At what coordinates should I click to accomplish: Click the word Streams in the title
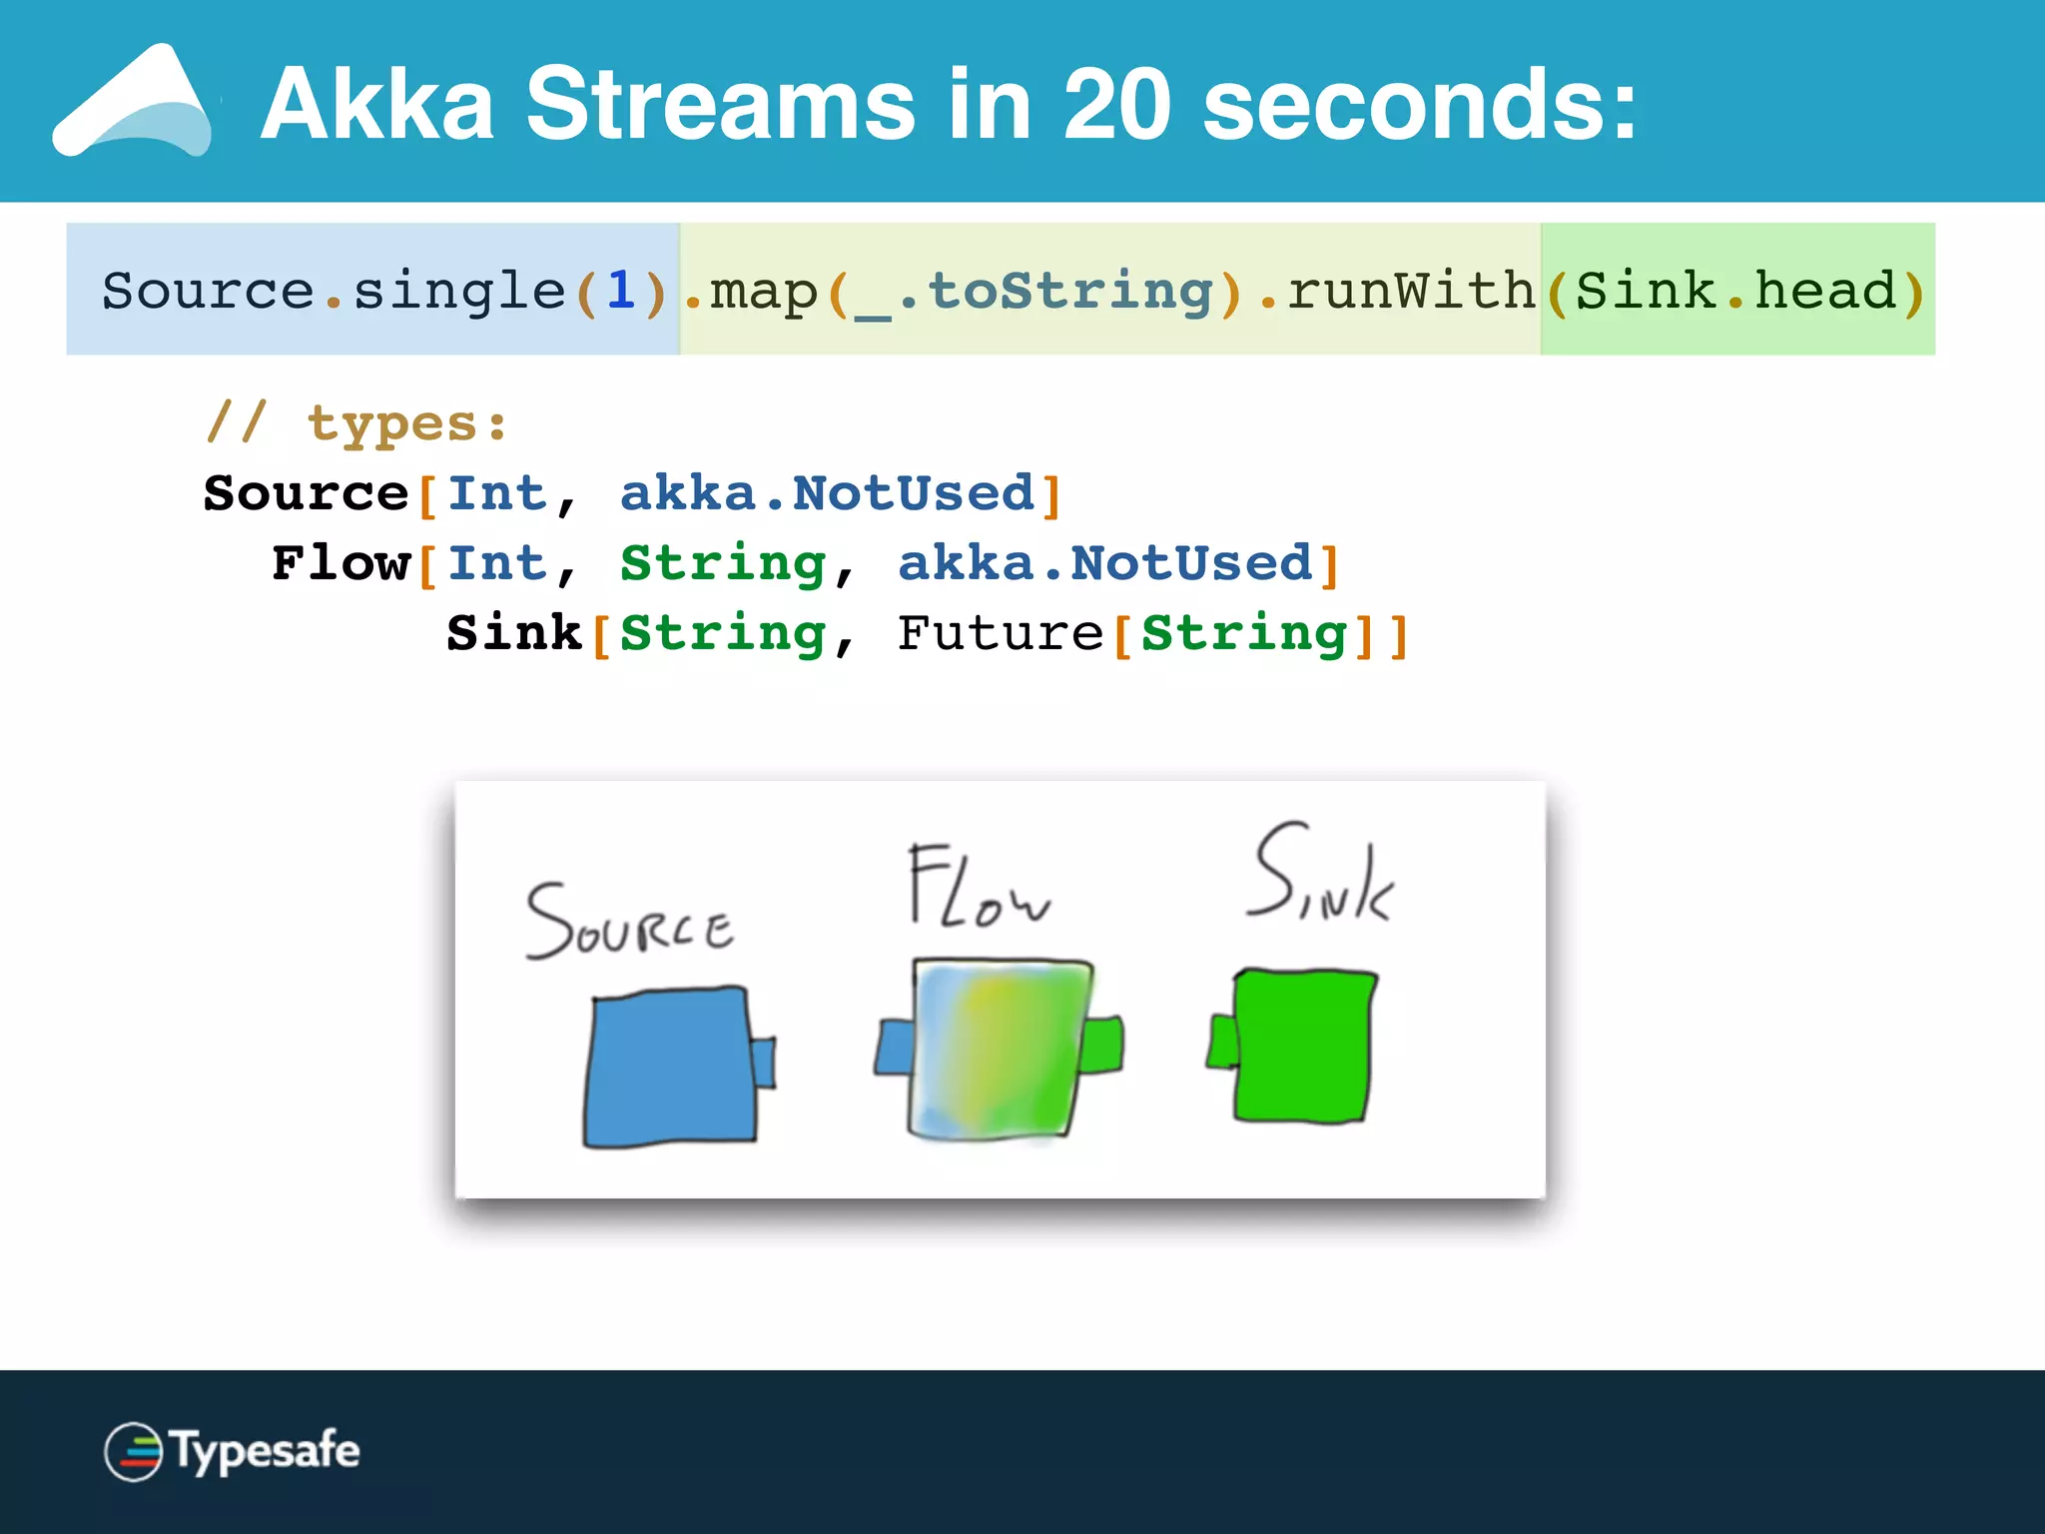coord(720,104)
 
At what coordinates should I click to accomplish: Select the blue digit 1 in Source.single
coord(620,291)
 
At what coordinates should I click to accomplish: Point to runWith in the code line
coord(1411,291)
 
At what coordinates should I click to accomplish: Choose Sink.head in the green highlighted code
coord(1735,291)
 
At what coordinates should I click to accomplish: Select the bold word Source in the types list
coord(306,493)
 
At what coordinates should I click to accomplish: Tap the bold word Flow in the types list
coord(341,563)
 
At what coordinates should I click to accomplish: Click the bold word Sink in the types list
coord(514,633)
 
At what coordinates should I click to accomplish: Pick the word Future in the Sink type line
coord(1000,633)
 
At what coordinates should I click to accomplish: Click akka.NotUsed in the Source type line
coord(827,493)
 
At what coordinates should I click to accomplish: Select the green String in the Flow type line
coord(723,563)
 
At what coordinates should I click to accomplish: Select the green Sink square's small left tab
coord(1222,1042)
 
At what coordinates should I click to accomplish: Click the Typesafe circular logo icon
coord(133,1451)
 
